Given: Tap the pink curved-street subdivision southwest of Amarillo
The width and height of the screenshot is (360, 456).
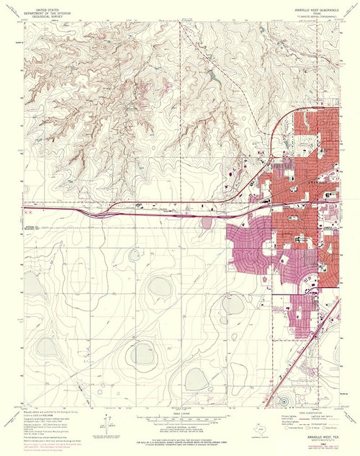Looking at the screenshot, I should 248,252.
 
